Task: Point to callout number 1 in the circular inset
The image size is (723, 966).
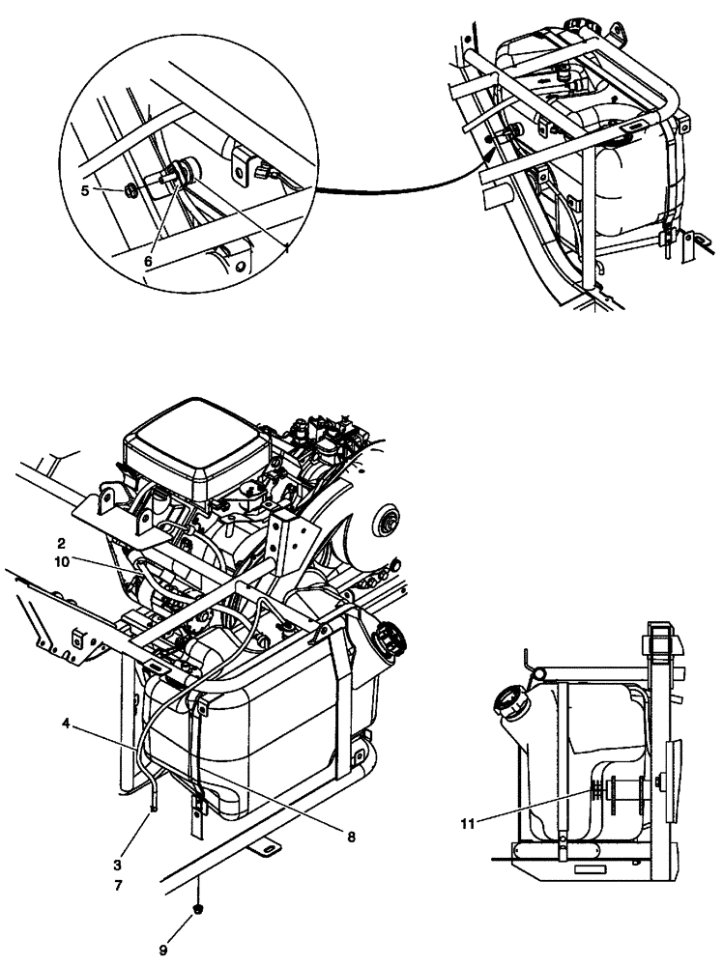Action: (x=287, y=247)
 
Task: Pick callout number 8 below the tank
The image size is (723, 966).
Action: (x=350, y=837)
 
